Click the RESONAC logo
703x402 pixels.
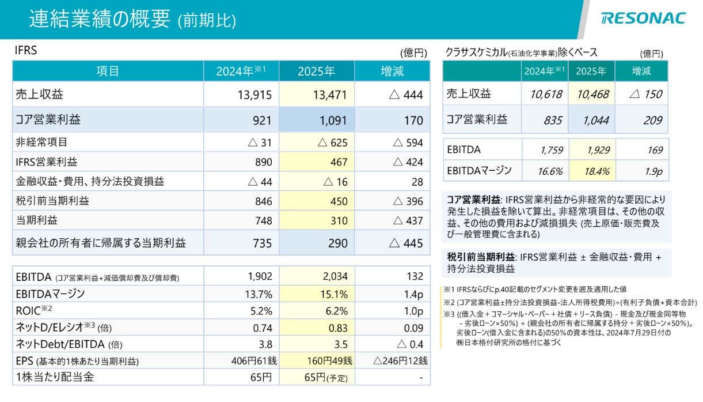tap(643, 18)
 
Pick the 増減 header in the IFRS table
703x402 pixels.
tap(392, 72)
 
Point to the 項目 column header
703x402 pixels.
tap(108, 72)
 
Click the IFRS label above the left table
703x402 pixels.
tap(25, 51)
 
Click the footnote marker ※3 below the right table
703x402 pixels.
tap(449, 314)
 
